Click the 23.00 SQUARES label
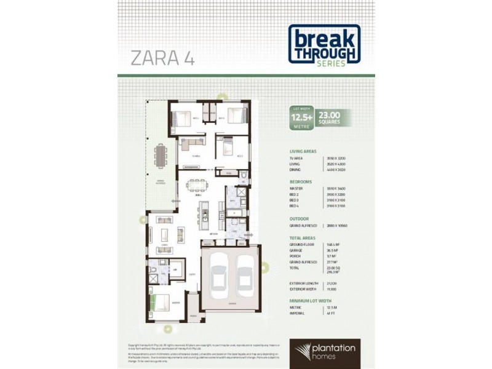(333, 117)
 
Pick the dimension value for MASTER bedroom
(336, 189)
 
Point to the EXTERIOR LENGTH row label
(303, 282)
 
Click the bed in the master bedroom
(159, 303)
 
